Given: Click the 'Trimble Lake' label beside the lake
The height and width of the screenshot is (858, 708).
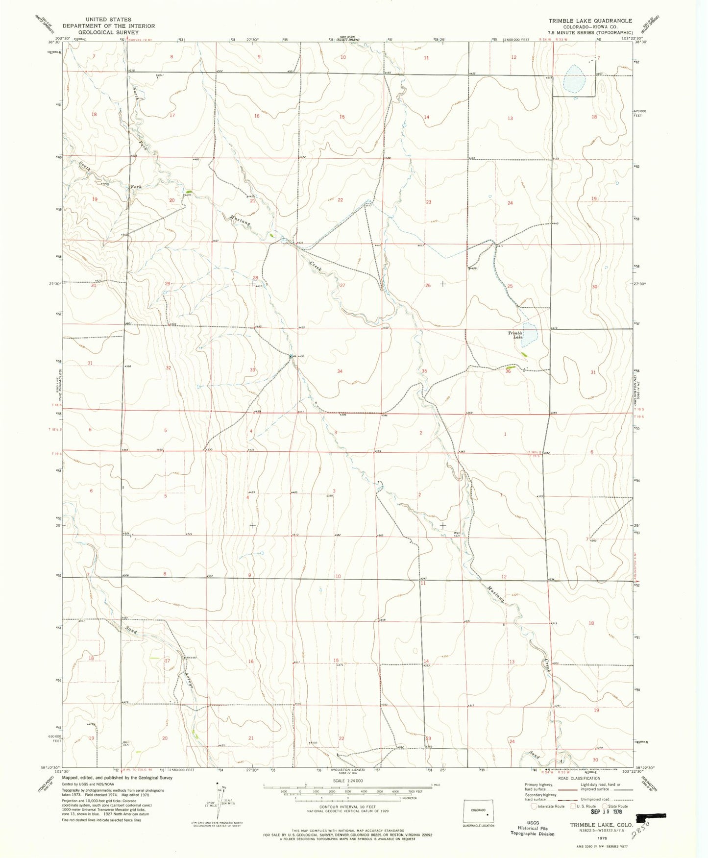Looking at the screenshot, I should tap(515, 335).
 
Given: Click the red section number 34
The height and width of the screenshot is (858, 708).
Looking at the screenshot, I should tap(340, 371).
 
